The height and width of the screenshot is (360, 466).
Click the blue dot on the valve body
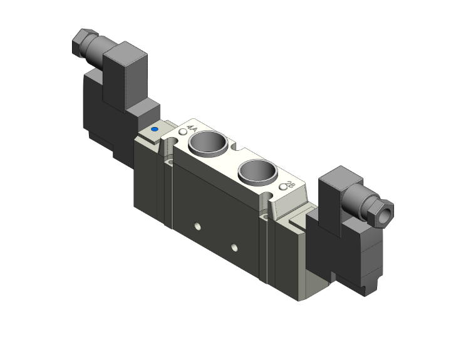point(154,131)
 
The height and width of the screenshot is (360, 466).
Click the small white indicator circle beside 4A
point(182,132)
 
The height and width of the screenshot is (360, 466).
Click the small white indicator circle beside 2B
point(282,186)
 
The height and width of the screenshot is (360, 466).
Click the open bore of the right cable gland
point(389,212)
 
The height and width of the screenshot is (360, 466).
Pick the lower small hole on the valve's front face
point(234,246)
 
